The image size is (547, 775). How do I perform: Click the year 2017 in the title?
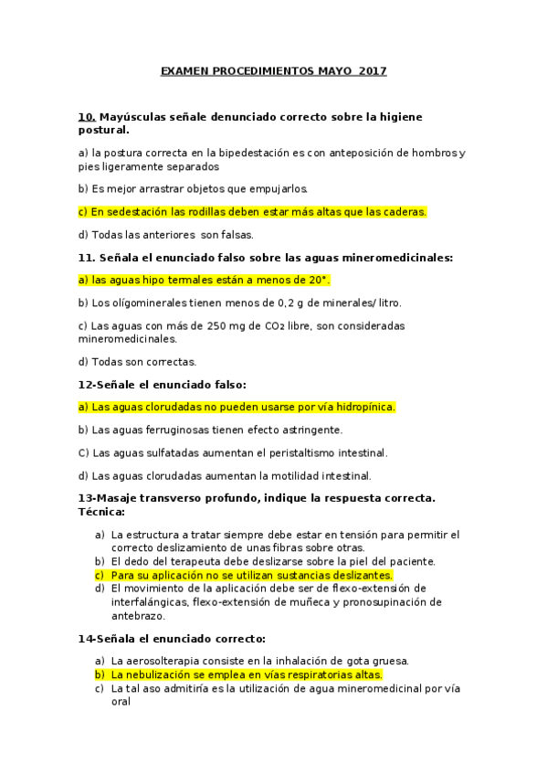pos(373,70)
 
